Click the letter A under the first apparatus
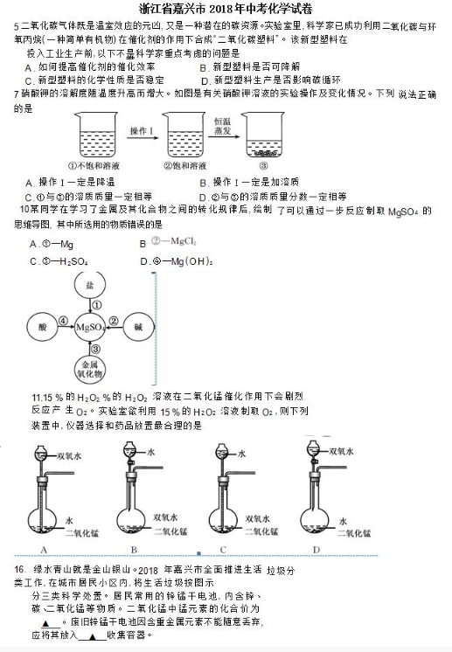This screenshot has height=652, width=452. coord(42,549)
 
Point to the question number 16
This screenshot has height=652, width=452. coord(17,569)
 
